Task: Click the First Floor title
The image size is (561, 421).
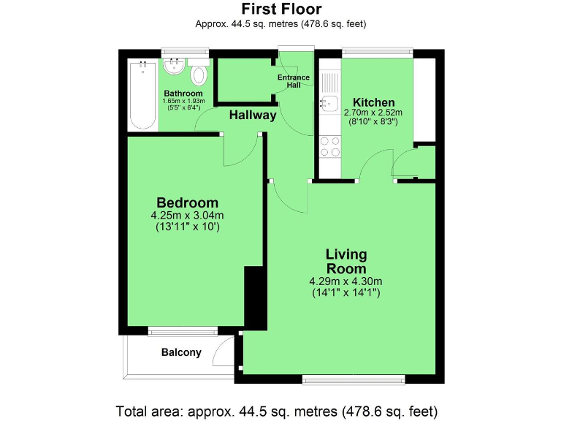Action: [280, 9]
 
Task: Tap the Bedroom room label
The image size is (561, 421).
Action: [187, 202]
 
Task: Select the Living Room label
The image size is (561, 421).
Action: [346, 261]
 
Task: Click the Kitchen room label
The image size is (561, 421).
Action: [373, 102]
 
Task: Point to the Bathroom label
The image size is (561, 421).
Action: [183, 94]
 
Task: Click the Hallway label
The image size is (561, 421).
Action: [253, 115]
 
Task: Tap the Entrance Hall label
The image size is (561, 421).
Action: [294, 81]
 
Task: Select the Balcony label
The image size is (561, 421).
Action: [181, 352]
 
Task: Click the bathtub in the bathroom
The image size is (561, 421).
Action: [142, 95]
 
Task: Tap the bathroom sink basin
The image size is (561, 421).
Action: [174, 68]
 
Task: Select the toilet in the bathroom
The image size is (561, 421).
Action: [199, 74]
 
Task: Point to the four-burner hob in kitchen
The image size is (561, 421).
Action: [329, 146]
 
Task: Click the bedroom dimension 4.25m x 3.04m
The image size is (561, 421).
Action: [187, 216]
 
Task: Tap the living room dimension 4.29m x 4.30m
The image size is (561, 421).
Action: [346, 281]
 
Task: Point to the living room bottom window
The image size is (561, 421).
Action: [354, 379]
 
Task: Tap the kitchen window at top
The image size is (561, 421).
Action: [378, 52]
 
